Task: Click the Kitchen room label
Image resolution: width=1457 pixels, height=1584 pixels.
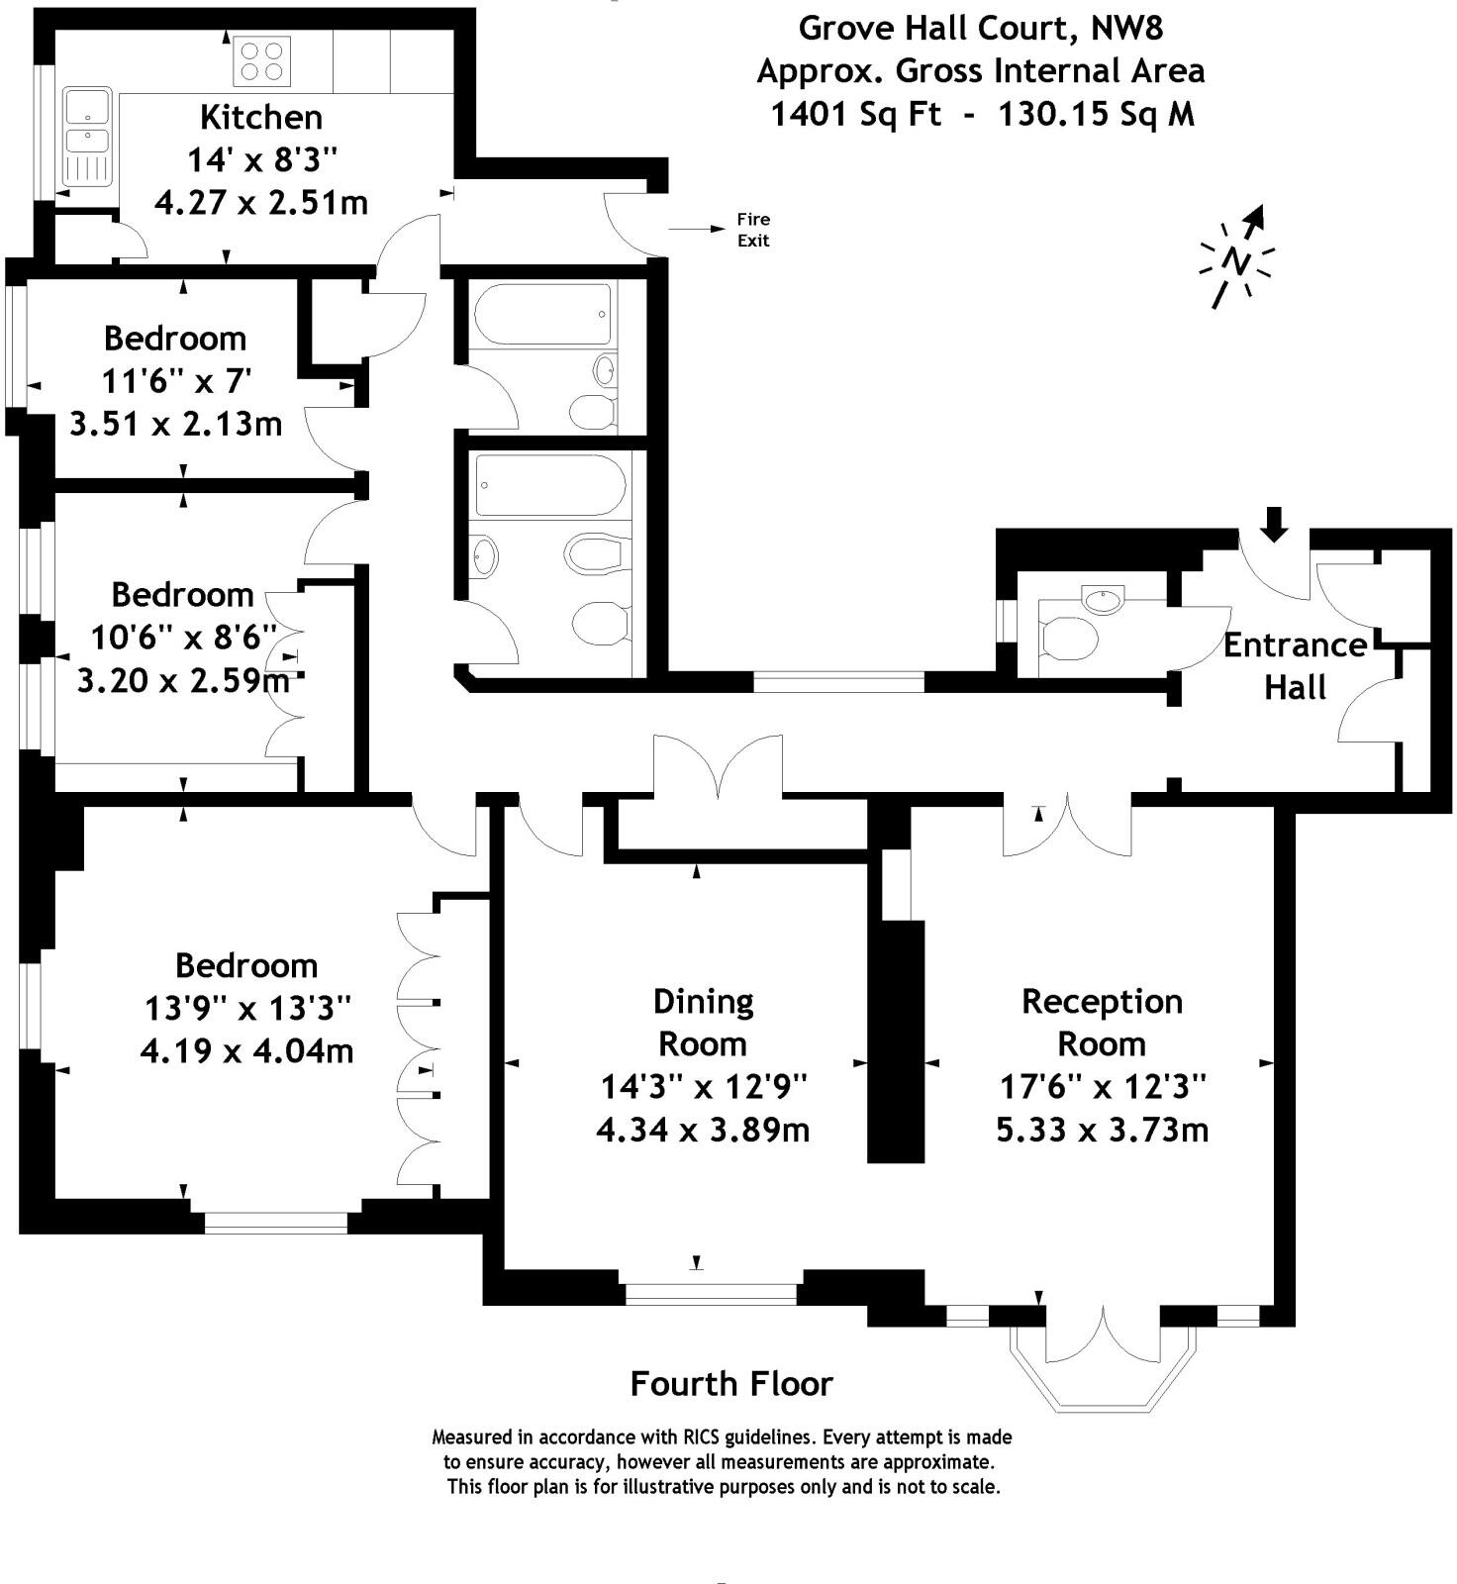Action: (x=261, y=117)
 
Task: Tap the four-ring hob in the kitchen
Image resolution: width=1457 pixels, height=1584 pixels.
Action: (x=262, y=60)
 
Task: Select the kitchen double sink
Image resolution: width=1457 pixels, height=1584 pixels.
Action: (x=87, y=137)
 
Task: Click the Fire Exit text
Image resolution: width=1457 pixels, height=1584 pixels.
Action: (x=753, y=230)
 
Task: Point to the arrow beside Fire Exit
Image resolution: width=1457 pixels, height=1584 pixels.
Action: (x=697, y=230)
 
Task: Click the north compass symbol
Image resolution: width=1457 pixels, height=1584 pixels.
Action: (x=1236, y=258)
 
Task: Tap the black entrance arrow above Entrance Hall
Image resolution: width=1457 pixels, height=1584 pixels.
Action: (x=1275, y=524)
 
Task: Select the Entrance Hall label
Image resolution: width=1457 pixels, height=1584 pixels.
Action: (x=1295, y=665)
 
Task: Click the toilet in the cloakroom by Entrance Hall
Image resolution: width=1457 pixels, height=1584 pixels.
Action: (x=1068, y=639)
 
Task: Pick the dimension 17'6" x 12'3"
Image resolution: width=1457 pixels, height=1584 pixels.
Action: (x=1103, y=1087)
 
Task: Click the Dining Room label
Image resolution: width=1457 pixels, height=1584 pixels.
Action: (x=704, y=1023)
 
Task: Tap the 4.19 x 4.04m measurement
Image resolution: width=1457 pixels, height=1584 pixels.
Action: (x=246, y=1050)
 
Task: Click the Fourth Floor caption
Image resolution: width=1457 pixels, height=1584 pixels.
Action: (x=731, y=1383)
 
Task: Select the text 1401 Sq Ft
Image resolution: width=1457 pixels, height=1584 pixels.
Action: (x=855, y=115)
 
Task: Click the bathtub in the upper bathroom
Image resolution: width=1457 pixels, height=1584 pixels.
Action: (x=542, y=314)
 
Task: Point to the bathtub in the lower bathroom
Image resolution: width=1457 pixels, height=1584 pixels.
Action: (x=549, y=485)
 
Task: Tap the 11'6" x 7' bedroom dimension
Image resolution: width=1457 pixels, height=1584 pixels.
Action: (x=176, y=381)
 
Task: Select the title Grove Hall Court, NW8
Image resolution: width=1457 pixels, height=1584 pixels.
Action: (x=980, y=28)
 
